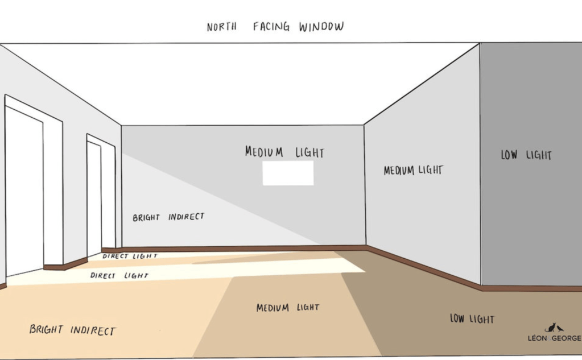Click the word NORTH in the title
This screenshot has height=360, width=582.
[x=221, y=27]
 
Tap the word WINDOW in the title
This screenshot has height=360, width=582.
[x=321, y=27]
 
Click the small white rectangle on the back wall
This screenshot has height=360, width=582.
[x=288, y=173]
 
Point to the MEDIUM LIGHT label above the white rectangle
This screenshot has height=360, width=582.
[x=284, y=152]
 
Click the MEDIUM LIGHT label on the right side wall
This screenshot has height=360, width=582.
[x=413, y=170]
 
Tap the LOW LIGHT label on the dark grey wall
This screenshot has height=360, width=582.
[x=526, y=155]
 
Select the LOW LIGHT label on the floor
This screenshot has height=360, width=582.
[x=472, y=319]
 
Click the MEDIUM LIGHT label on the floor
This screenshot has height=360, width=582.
[x=287, y=308]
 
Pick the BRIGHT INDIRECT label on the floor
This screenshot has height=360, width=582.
[x=72, y=330]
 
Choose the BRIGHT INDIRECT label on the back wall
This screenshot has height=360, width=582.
[x=168, y=217]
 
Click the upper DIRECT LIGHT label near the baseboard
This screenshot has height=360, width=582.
[x=130, y=256]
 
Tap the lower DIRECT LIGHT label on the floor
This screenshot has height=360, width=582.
[x=119, y=275]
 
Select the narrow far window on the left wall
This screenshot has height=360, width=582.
[x=94, y=199]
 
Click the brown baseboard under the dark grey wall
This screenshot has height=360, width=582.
[x=529, y=288]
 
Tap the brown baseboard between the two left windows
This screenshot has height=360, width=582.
[x=65, y=264]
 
